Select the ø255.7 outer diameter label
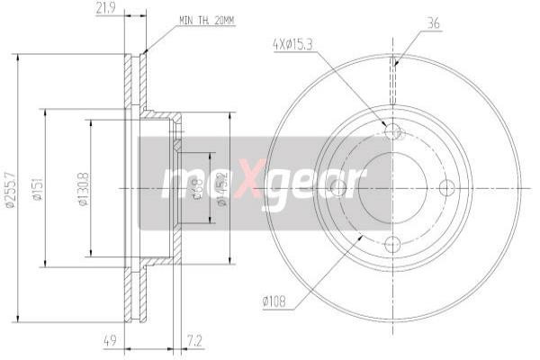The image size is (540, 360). (10, 189)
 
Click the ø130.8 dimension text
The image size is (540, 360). (83, 189)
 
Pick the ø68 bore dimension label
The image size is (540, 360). (197, 189)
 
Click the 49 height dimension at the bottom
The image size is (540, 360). (107, 340)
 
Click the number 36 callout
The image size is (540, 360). (433, 23)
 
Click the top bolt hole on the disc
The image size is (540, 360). (392, 132)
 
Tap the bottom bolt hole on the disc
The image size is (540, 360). (392, 242)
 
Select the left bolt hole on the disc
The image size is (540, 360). (337, 187)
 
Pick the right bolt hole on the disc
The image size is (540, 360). (447, 187)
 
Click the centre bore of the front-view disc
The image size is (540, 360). (392, 187)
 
